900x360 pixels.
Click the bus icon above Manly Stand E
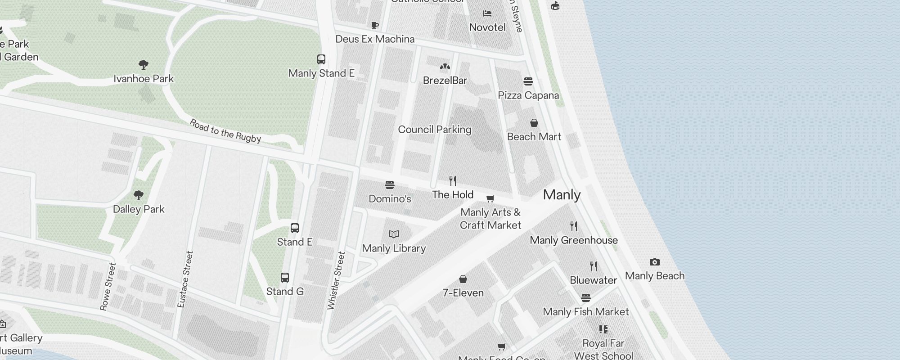tap(321, 59)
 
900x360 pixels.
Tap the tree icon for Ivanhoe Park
tap(144, 65)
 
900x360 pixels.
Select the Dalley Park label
tap(139, 209)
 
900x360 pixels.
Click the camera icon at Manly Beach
tap(655, 262)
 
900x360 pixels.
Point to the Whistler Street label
tap(336, 281)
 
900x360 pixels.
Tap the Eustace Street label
tap(185, 279)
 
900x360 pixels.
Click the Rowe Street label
tap(108, 287)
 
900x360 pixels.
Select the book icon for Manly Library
tap(394, 234)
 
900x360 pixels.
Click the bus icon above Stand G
tap(285, 278)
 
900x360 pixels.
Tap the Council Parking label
tap(435, 130)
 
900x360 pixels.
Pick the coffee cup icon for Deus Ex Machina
tap(375, 25)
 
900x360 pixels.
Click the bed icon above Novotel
tap(487, 13)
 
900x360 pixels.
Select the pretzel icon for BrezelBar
tap(445, 67)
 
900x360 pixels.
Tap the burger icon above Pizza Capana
tap(528, 81)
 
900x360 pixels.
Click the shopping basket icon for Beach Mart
tap(534, 123)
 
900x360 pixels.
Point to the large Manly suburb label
tap(562, 195)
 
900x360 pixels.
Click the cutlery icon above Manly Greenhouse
tap(574, 226)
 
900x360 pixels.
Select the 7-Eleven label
tap(463, 293)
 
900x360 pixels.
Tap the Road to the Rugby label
tap(225, 131)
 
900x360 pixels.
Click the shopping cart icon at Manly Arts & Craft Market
tap(490, 198)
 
